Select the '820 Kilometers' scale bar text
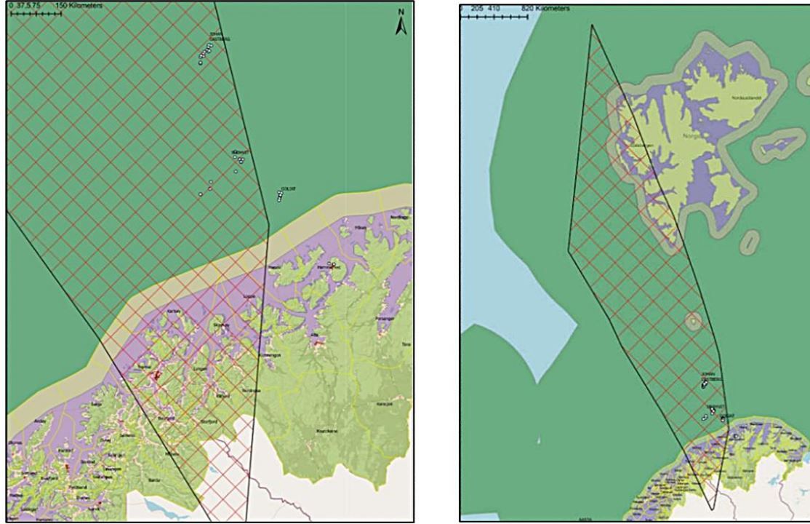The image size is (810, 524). click(546, 8)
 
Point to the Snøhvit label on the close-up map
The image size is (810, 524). click(241, 152)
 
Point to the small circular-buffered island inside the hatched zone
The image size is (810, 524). click(693, 320)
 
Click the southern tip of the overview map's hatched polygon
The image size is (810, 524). click(713, 509)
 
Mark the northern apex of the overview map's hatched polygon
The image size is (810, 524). click(592, 25)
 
